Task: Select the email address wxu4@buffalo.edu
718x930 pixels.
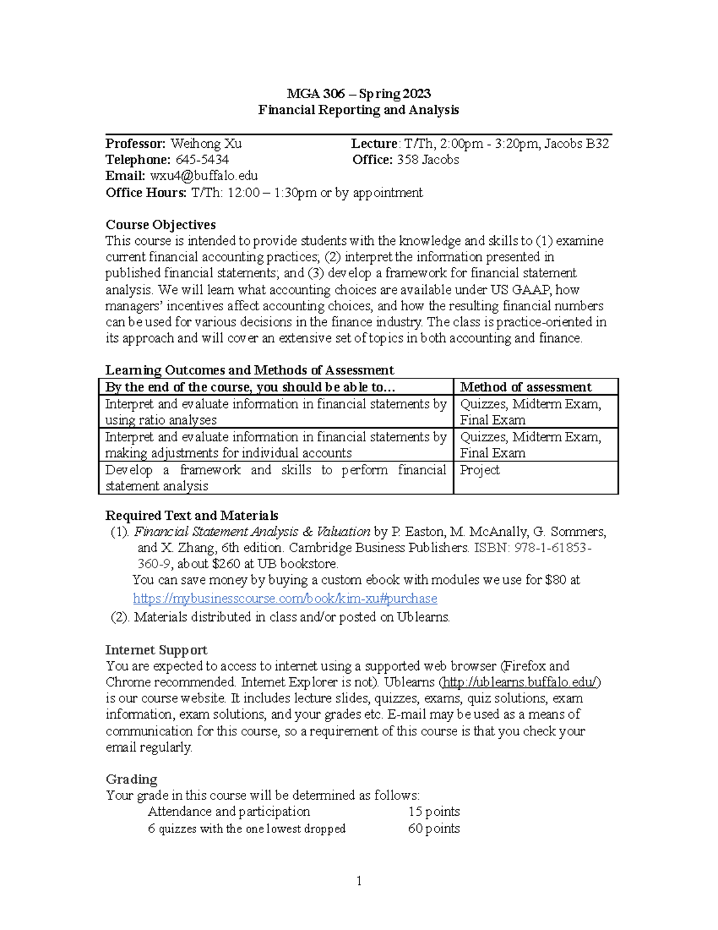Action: point(203,176)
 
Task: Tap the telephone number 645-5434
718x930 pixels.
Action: point(202,160)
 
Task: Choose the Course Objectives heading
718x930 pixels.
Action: point(160,225)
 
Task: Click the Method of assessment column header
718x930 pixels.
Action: point(525,387)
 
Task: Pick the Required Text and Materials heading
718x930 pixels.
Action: point(191,516)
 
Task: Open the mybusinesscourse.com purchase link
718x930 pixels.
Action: point(285,598)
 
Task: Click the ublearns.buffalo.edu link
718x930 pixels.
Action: point(519,682)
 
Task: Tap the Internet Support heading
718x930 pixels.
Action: point(156,650)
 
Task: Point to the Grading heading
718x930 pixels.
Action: point(132,779)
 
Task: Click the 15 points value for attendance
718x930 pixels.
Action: point(434,811)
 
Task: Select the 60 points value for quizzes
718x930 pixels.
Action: point(434,828)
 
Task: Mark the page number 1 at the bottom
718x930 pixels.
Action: point(359,881)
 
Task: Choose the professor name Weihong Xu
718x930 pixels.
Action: point(206,144)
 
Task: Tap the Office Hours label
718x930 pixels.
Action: point(146,192)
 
